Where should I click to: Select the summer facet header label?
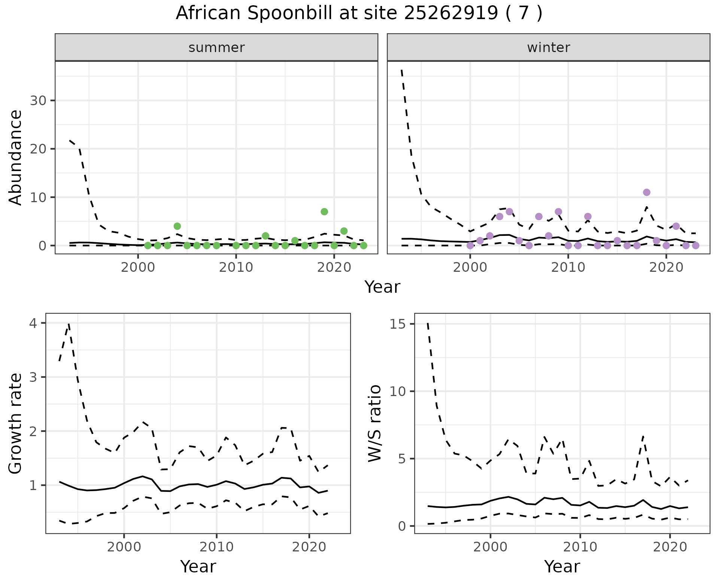216,48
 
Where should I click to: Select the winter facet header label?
549,48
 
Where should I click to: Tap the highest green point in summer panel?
324,212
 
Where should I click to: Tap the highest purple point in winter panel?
647,192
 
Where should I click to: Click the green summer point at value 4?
178,226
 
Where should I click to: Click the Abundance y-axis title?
16,158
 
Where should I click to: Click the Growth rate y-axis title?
16,423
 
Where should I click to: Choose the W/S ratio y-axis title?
375,423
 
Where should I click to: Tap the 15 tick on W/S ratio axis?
398,324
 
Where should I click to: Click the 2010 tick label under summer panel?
236,268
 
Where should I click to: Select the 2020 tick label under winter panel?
666,268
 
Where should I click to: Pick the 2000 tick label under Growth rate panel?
124,547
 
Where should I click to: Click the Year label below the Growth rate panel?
198,566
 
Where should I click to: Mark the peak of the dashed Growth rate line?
69,323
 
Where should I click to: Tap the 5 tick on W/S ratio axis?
403,459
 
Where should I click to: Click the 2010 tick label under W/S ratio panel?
580,547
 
